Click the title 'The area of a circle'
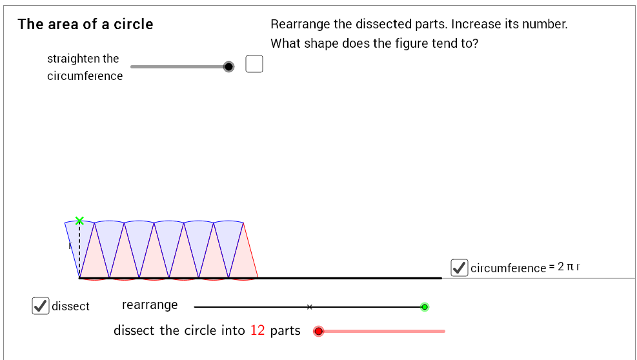(x=85, y=25)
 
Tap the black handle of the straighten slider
(x=228, y=66)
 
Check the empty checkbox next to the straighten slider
(x=254, y=65)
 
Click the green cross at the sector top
(x=79, y=221)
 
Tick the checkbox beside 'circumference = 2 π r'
(x=460, y=267)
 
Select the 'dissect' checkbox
(x=41, y=306)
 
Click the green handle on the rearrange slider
(x=425, y=306)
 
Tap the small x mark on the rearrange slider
(x=310, y=306)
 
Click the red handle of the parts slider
(x=318, y=331)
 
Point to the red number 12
(x=258, y=330)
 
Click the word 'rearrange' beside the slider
(x=150, y=305)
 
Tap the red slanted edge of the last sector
(x=250, y=250)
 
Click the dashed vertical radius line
(x=79, y=252)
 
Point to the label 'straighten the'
(x=83, y=59)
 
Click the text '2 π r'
(x=569, y=266)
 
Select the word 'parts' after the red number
(x=285, y=331)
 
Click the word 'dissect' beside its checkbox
(x=71, y=306)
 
